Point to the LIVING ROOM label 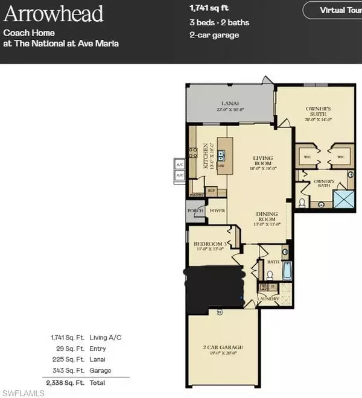point(263,161)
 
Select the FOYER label point(217,211)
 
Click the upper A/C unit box point(179,164)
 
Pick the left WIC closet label point(308,157)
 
